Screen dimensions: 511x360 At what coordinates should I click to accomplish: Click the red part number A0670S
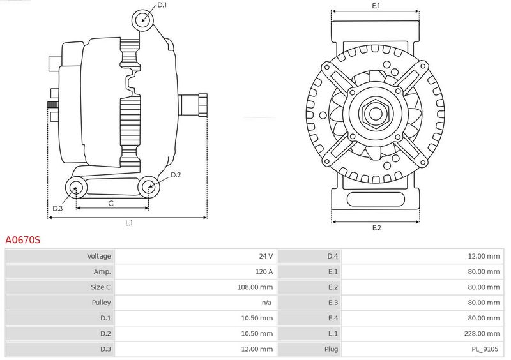click(x=23, y=240)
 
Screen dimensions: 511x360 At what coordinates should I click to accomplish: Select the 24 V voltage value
click(x=266, y=256)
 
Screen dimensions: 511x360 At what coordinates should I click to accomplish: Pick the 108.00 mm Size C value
click(x=255, y=287)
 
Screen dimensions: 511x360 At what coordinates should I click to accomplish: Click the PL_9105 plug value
click(x=485, y=349)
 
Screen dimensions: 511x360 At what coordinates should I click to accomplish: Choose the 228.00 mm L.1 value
click(x=482, y=334)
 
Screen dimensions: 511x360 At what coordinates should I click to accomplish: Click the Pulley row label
click(x=101, y=303)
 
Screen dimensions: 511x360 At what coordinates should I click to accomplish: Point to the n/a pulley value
click(x=266, y=303)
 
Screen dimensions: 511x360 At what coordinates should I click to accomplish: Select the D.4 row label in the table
click(x=332, y=256)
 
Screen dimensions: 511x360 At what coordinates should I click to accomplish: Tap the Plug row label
click(x=331, y=349)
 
